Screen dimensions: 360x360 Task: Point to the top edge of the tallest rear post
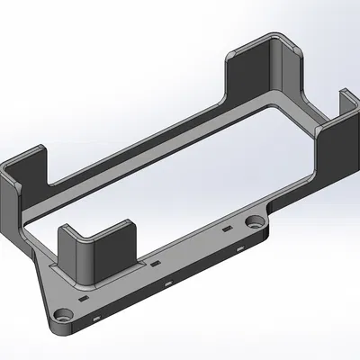pos(256,43)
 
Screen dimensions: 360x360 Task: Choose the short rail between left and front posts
pos(40,234)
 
